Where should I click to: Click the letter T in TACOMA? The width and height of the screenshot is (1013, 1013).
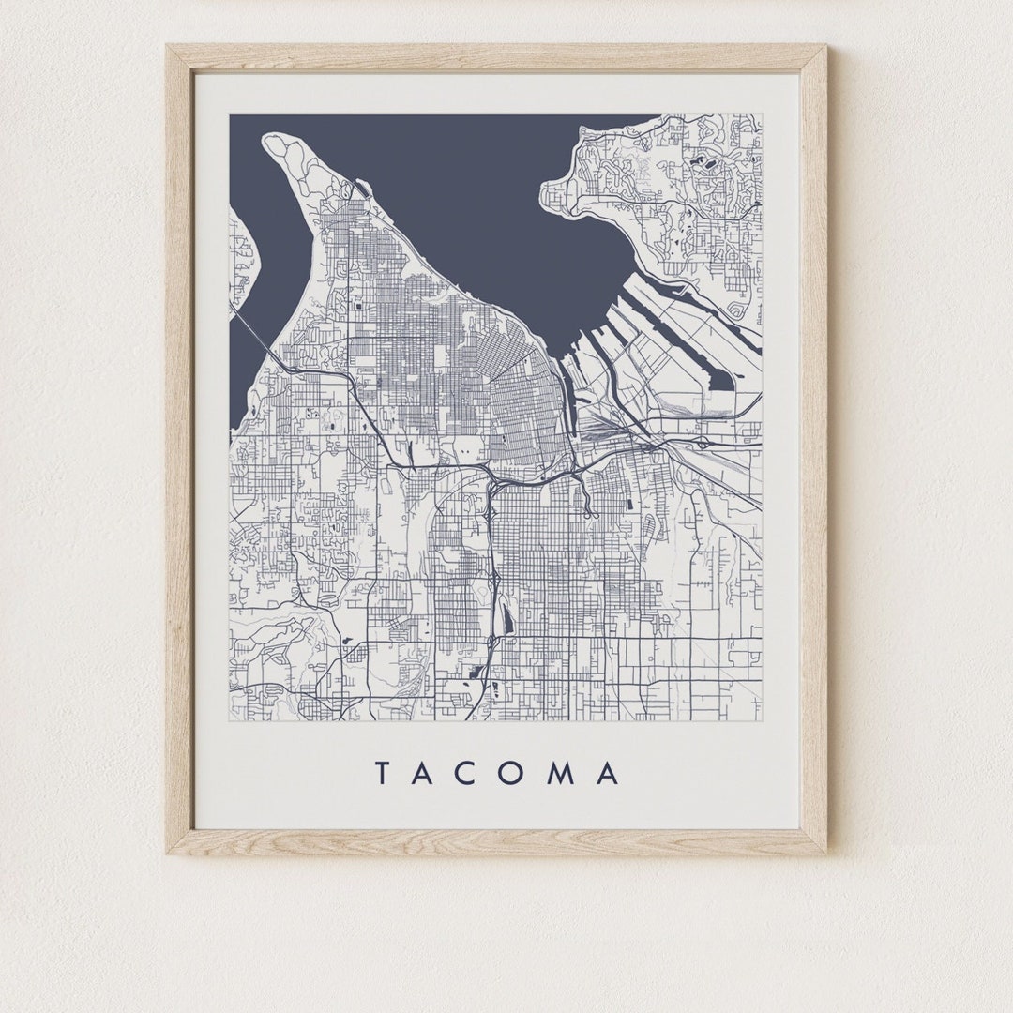tap(383, 774)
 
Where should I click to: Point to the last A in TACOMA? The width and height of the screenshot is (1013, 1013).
tap(608, 774)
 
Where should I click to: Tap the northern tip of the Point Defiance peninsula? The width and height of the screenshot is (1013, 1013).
tap(273, 141)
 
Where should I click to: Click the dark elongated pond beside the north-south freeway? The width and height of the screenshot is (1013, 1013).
tap(507, 620)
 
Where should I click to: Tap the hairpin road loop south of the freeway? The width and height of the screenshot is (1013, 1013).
tap(588, 506)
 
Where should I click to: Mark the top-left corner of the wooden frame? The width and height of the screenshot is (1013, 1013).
tap(168, 46)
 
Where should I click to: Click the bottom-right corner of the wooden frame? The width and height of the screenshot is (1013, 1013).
tap(826, 853)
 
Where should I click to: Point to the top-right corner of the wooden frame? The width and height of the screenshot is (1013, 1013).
tap(826, 46)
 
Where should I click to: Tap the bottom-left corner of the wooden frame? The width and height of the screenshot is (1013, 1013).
tap(168, 853)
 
